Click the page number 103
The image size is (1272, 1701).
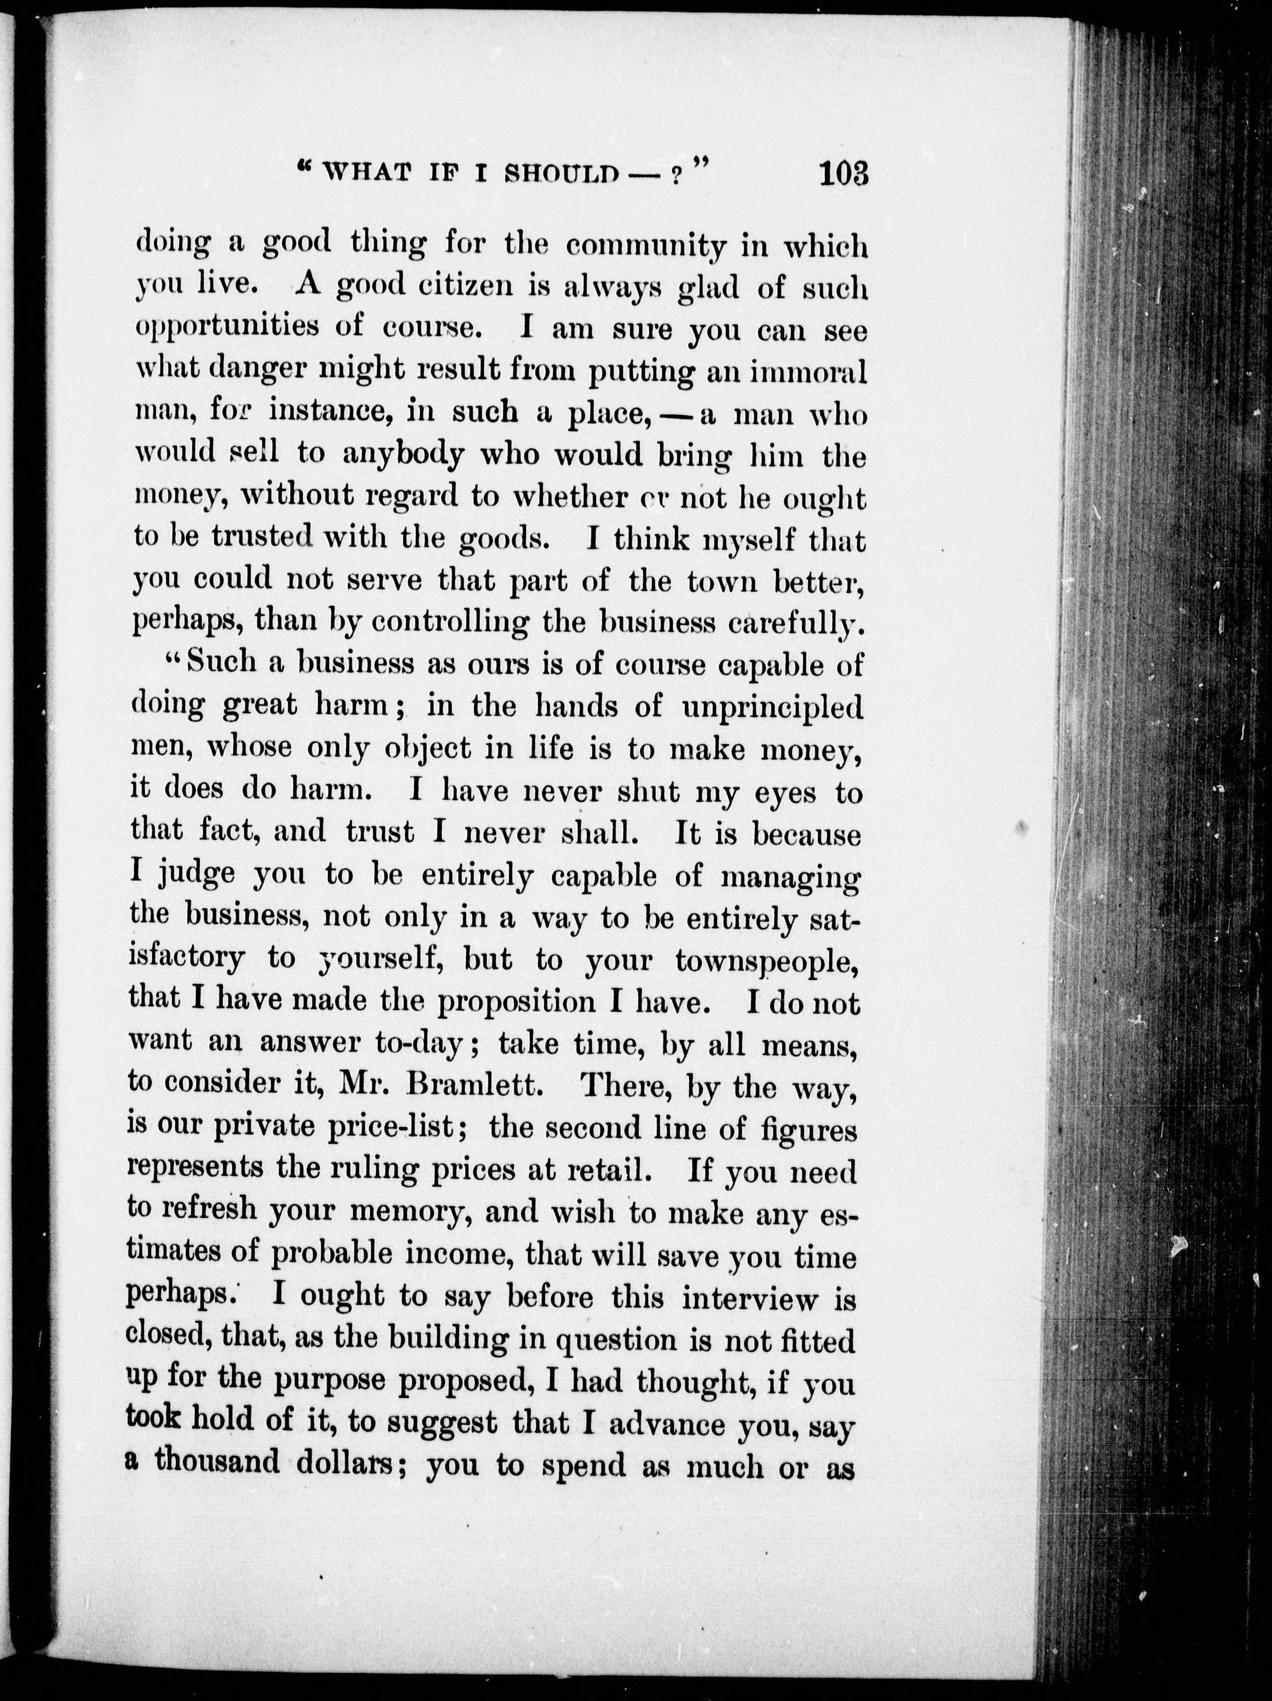click(x=843, y=173)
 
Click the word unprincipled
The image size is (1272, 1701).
click(x=772, y=706)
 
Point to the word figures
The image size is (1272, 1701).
click(x=808, y=1129)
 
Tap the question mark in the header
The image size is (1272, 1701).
click(x=675, y=175)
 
